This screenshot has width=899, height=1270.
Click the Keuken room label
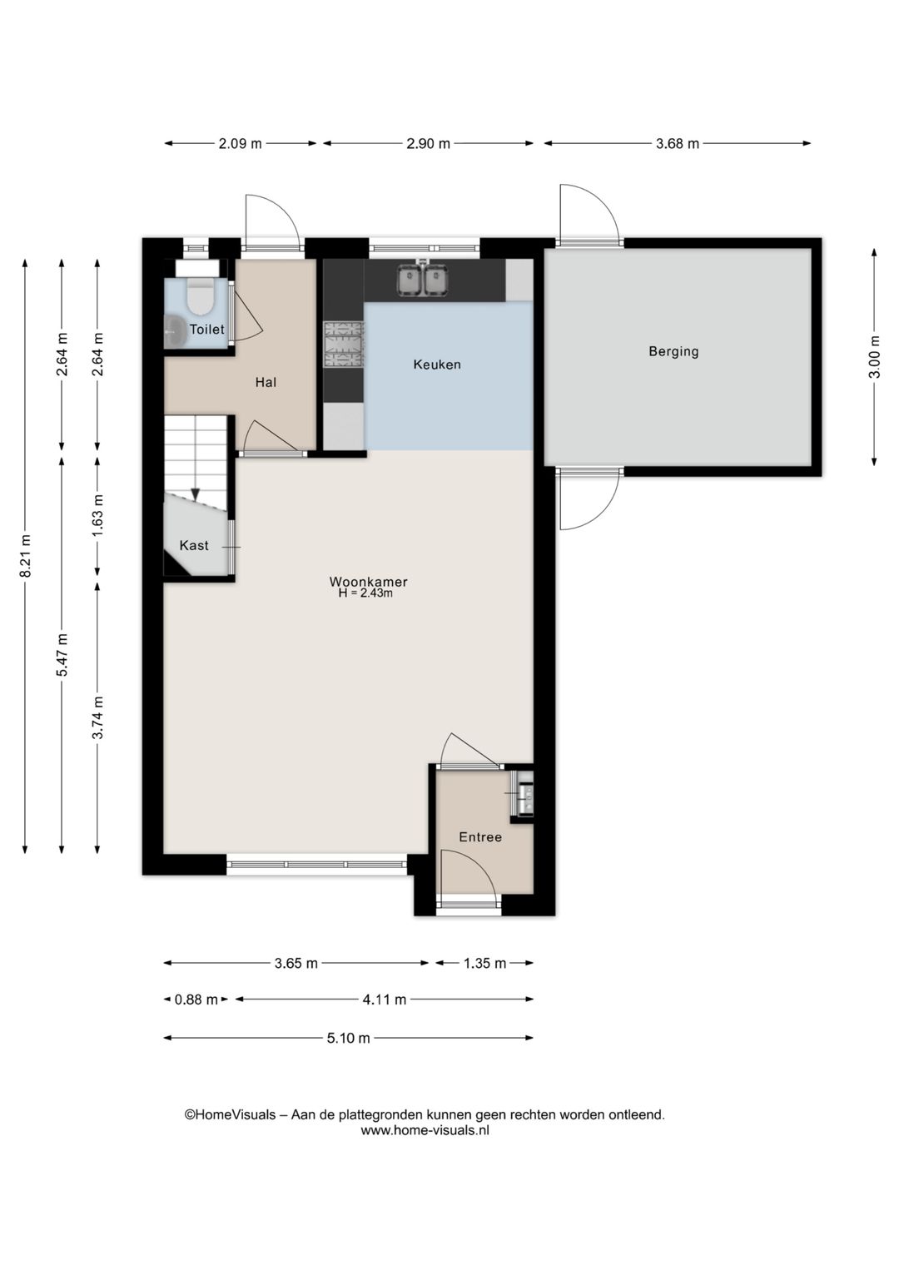(437, 365)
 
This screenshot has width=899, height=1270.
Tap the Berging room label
(673, 351)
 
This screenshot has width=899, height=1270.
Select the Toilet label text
(206, 329)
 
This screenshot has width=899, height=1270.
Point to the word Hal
(266, 382)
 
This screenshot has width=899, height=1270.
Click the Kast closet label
(194, 545)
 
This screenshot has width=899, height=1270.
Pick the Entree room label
(480, 837)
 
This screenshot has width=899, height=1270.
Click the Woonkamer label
(368, 582)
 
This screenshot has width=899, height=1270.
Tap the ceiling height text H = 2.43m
(365, 593)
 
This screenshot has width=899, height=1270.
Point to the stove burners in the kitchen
(343, 345)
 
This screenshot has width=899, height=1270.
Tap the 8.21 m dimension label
(25, 556)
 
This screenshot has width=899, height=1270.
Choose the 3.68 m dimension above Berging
(678, 143)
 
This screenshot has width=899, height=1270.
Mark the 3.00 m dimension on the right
(874, 357)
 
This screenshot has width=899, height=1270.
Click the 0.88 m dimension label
(196, 1000)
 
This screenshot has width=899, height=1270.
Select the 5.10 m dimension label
(348, 1038)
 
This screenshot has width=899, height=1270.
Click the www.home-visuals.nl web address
(425, 1130)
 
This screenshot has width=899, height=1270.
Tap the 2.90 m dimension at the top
(428, 143)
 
